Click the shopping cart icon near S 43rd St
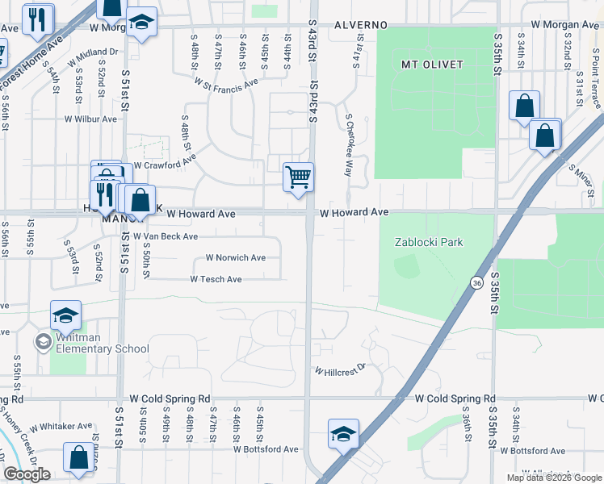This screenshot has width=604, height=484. coord(298,177)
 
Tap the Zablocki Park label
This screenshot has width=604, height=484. coord(429,242)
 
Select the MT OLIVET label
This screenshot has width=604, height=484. coord(431,63)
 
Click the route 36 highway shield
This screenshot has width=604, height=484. coord(478,282)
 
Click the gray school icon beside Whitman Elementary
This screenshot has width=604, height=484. coord(42,342)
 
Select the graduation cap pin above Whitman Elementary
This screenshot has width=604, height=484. coord(66,315)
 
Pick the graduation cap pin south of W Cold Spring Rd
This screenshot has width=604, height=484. coord(344,433)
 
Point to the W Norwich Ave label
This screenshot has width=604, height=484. coord(236,258)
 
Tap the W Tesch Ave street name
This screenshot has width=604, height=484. coord(216,279)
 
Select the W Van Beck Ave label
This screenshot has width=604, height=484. coord(166,236)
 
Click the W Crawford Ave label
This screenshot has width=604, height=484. coord(165,165)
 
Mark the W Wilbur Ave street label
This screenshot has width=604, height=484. coord(91,119)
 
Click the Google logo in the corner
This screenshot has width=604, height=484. coord(27,474)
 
